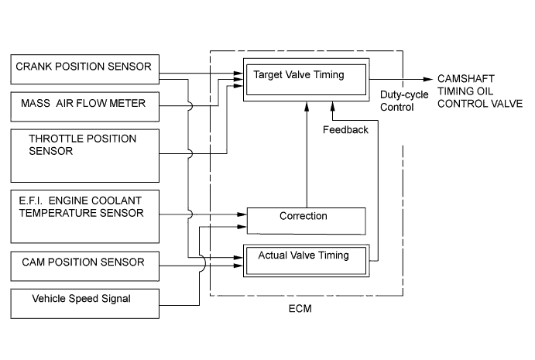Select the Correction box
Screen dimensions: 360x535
pos(306,220)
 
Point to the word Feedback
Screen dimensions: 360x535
pos(345,130)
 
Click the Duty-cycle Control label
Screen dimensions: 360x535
pos(399,101)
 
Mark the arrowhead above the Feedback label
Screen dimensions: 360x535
pos(334,108)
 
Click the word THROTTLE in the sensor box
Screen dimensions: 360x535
pos(57,139)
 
